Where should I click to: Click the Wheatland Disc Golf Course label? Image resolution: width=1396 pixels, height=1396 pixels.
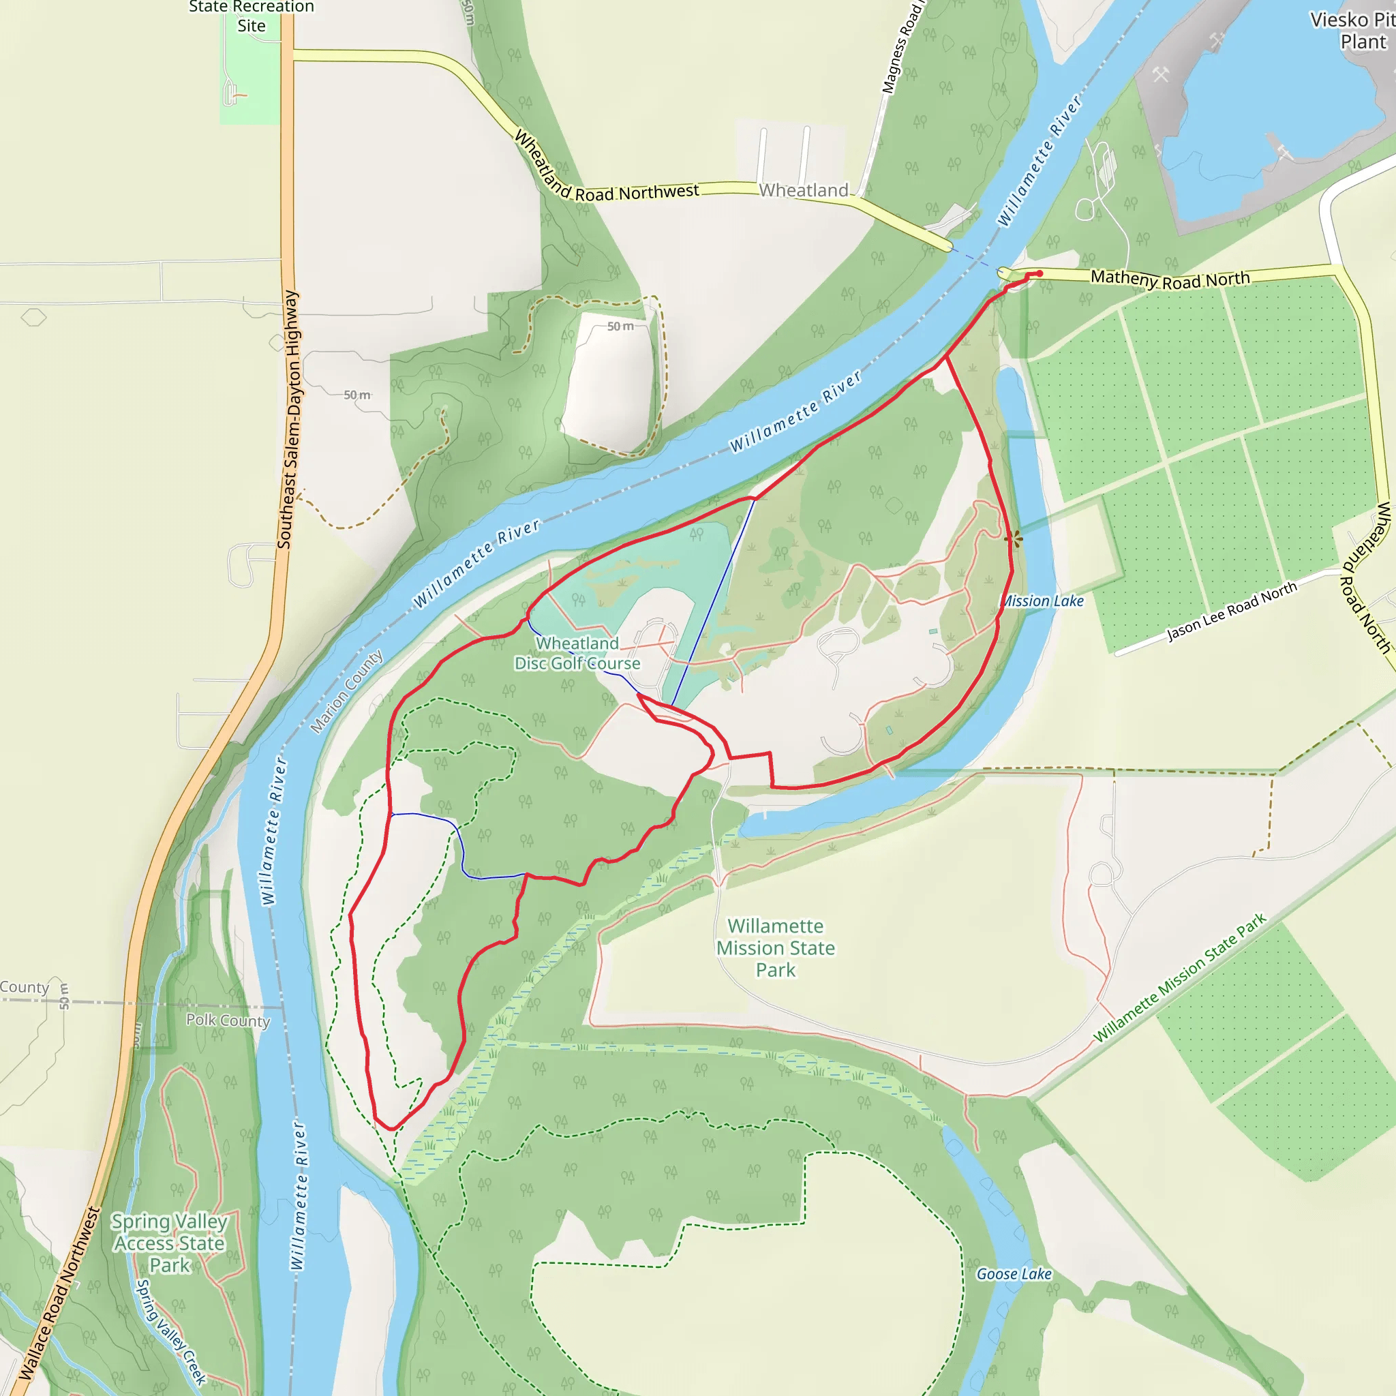click(577, 653)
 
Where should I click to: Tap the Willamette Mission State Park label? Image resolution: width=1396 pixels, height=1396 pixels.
click(775, 947)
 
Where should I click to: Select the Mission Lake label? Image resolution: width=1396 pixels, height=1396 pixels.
click(1043, 601)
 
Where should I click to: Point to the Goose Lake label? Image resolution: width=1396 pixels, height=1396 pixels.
click(1014, 1274)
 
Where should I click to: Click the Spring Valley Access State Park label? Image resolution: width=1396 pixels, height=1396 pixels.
click(169, 1243)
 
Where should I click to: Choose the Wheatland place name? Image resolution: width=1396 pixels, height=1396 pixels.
click(804, 190)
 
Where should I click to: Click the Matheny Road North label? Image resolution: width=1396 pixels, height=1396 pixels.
click(1170, 279)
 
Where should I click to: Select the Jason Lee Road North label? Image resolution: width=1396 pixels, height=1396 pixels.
click(1232, 611)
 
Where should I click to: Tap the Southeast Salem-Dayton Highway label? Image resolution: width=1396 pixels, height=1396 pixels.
click(288, 419)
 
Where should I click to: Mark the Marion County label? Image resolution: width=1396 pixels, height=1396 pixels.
click(346, 691)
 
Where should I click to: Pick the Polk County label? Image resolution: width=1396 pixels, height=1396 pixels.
click(228, 1020)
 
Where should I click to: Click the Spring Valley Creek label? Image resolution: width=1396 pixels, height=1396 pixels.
click(171, 1331)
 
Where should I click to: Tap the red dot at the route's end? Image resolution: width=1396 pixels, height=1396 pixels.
click(1039, 273)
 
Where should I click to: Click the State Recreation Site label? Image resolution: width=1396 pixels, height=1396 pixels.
click(251, 16)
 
